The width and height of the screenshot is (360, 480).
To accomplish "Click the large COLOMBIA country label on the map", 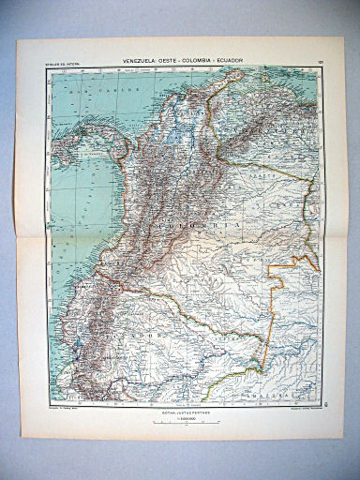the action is [196, 225].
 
